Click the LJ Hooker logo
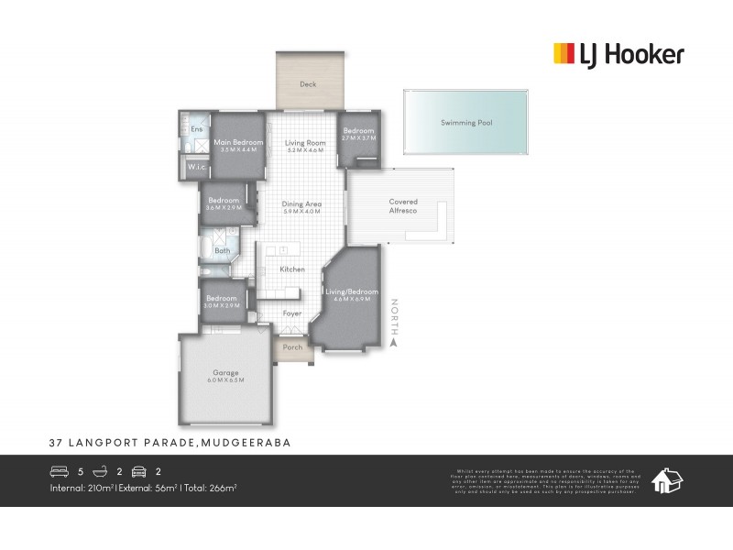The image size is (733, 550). [618, 55]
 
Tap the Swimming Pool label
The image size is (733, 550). [466, 123]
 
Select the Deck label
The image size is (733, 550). [308, 85]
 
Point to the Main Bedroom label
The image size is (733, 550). [238, 143]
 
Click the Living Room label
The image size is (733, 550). [305, 143]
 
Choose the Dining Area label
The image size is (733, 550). [301, 204]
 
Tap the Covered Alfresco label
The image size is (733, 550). [403, 206]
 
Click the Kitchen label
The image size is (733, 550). [292, 269]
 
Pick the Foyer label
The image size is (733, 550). [292, 313]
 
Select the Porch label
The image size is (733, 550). [292, 347]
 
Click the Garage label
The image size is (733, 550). [225, 373]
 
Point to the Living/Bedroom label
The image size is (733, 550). [352, 292]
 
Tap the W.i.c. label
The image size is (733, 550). [196, 168]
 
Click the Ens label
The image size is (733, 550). [196, 129]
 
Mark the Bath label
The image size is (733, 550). [223, 250]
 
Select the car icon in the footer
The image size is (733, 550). [139, 472]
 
